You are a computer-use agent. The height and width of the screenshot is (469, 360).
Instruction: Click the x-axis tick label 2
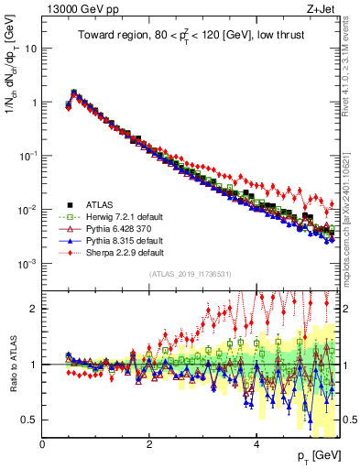pos(149,444)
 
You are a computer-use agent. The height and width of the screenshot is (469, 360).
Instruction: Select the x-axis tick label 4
pos(256,444)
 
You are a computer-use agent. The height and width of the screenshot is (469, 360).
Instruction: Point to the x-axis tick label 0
pos(43,444)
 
